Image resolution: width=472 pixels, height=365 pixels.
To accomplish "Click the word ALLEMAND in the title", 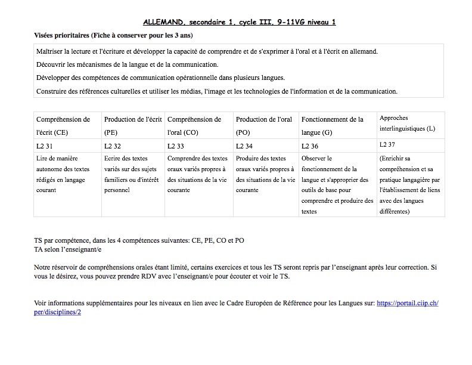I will (164, 23).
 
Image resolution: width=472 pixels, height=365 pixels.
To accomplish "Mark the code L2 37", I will (387, 145).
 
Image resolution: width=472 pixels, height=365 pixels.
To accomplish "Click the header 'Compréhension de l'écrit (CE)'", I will (63, 125).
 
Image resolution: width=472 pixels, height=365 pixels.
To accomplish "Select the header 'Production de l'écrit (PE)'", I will (133, 125).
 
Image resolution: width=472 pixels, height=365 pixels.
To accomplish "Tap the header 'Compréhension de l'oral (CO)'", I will (194, 125).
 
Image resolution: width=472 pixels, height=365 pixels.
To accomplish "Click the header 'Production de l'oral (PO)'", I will (264, 125).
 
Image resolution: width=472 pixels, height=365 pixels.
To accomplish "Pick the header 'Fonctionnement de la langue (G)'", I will (333, 125).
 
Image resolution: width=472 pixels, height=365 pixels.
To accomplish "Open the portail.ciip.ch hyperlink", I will (407, 304).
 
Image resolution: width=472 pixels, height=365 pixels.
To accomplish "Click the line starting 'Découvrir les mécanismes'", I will (127, 64).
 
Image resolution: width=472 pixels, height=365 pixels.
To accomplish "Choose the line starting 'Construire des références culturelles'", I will (216, 91).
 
